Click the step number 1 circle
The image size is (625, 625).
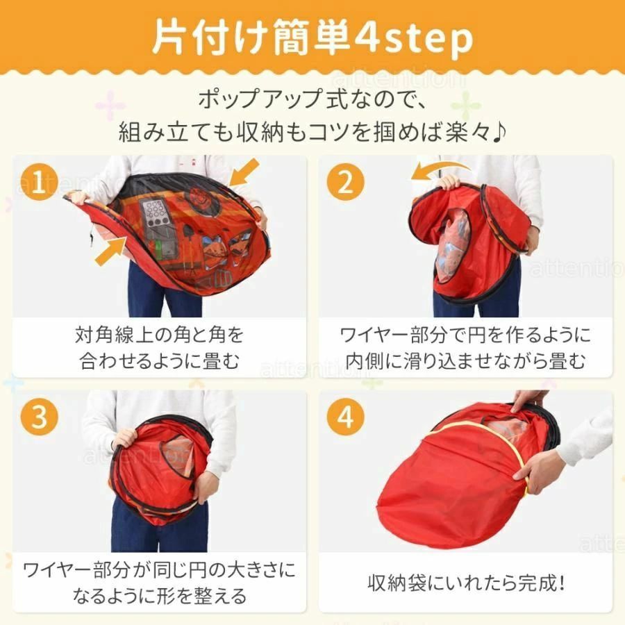pos(40,182)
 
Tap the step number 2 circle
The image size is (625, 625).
pos(346,182)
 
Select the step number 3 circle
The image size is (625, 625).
pos(40,417)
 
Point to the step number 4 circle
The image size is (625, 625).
pos(346,417)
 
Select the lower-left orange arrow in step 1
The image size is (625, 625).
pos(110,251)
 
